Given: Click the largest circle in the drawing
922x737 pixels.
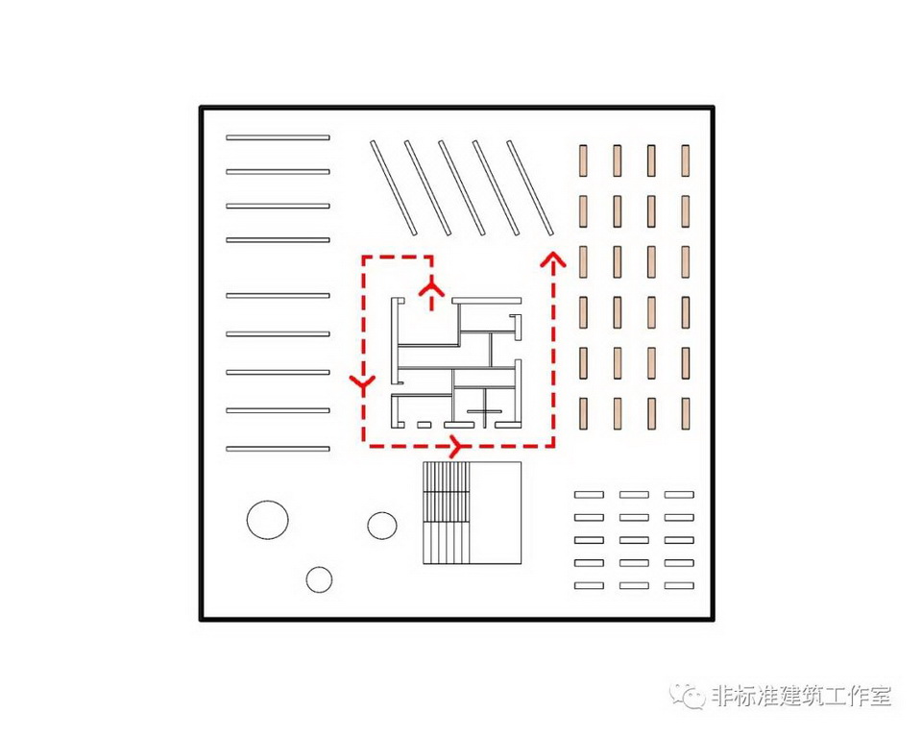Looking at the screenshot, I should [267, 520].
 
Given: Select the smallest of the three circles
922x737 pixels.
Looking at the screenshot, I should [319, 579].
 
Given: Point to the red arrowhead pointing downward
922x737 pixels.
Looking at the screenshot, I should [362, 384].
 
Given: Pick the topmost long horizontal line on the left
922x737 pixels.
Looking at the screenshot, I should [278, 137].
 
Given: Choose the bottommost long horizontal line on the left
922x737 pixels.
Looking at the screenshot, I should [278, 449].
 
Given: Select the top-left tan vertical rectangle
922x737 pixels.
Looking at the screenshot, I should [582, 160].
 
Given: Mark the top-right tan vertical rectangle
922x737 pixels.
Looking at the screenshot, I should [686, 160].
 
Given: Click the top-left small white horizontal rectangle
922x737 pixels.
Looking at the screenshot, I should [588, 495].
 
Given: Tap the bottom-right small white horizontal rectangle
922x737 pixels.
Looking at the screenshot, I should [679, 585].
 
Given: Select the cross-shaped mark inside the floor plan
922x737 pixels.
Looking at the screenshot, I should [484, 415].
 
